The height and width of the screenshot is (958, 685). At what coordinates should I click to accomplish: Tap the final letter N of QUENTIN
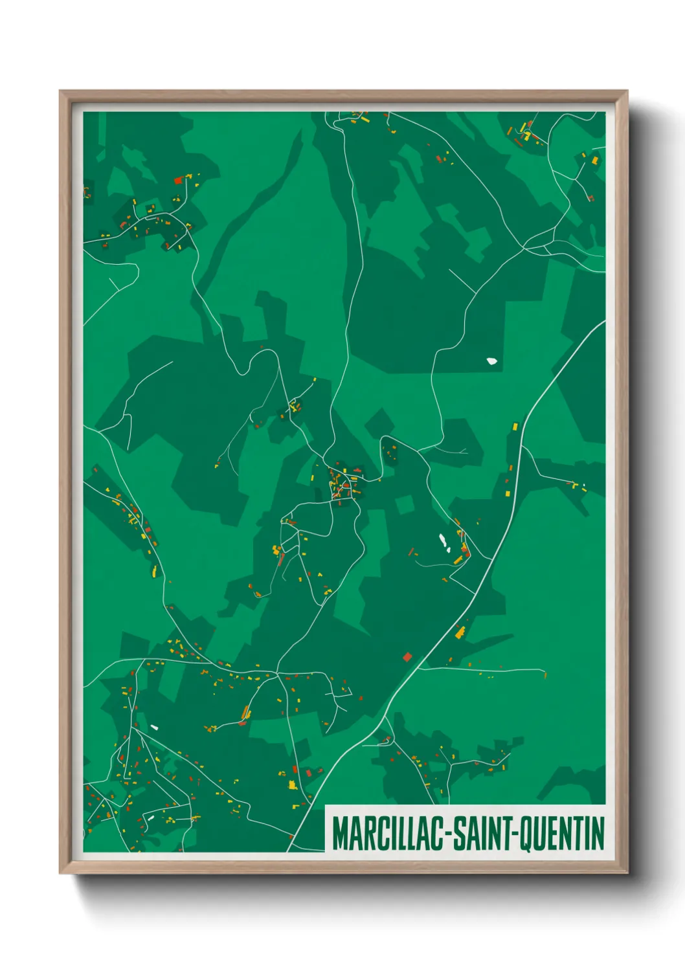pos(598,834)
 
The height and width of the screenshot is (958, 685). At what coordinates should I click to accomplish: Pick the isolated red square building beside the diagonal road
pos(407,657)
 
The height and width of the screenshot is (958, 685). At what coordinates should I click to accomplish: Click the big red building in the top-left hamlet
pos(178,181)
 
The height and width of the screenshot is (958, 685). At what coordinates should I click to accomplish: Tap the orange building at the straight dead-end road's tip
pos(545,675)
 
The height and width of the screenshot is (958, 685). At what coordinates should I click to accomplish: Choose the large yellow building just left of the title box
pos(292,785)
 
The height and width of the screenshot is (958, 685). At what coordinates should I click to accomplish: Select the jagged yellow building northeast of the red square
pos(460,632)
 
